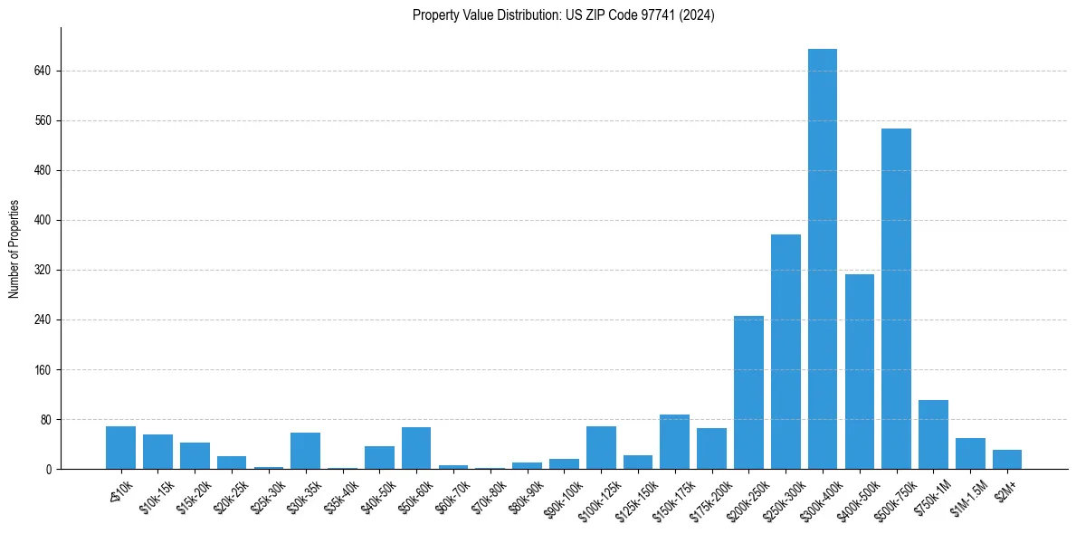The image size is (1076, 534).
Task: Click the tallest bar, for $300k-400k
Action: point(822,259)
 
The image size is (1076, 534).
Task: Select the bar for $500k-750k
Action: point(896,299)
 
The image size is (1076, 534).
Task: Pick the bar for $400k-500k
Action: point(859,371)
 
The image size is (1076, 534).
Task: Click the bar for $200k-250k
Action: point(748,392)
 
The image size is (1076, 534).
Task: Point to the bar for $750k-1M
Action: point(933,434)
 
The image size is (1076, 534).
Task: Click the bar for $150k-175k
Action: point(674,442)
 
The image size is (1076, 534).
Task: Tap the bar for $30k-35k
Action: point(305,451)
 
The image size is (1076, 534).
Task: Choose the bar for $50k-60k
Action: point(416,448)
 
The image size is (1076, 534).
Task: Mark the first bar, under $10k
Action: point(120,448)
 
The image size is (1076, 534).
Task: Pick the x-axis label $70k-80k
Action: point(486,495)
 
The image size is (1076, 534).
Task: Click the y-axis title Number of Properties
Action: point(14,249)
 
